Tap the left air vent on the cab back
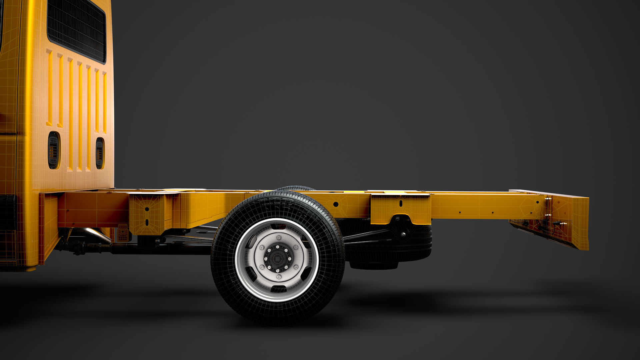point(54,150)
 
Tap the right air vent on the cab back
point(100,153)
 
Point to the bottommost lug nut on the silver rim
point(279,277)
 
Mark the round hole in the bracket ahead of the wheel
point(147,209)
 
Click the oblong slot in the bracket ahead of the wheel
point(147,222)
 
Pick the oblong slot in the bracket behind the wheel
point(401,203)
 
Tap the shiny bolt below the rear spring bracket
point(403,234)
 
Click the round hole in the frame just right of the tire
point(336,204)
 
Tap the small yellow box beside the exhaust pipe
point(123,233)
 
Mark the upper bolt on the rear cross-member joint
point(546,199)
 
